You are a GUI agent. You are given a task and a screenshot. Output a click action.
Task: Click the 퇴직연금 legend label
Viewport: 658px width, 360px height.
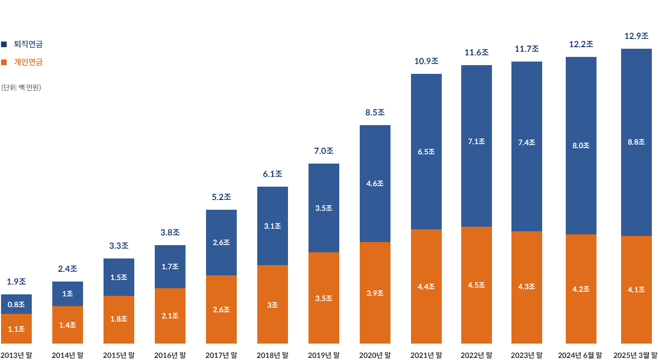tap(28, 45)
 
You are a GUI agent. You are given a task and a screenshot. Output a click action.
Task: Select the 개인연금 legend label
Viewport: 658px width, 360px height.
tap(28, 62)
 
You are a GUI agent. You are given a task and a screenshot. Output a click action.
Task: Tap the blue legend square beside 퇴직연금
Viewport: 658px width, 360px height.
tap(4, 45)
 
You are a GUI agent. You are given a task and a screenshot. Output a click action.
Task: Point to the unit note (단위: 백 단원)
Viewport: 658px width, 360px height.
tap(22, 87)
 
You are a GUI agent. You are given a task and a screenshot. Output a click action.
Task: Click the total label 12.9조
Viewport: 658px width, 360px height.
tap(636, 36)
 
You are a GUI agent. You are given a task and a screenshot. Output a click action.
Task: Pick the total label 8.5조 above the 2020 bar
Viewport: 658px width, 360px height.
tap(375, 112)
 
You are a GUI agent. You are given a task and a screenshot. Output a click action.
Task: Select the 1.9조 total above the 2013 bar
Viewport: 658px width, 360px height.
tap(16, 282)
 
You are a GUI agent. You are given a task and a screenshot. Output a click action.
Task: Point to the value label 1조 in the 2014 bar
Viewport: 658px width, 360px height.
tap(67, 294)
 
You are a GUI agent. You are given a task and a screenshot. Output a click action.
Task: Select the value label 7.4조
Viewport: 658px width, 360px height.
tap(527, 143)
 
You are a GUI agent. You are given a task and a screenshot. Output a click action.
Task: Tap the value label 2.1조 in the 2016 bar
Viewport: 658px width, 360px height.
tap(170, 316)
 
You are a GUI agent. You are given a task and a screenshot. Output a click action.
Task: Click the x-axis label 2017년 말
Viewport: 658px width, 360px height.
tap(221, 354)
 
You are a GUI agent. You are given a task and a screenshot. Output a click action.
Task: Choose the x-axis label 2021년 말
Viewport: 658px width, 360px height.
tap(426, 354)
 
